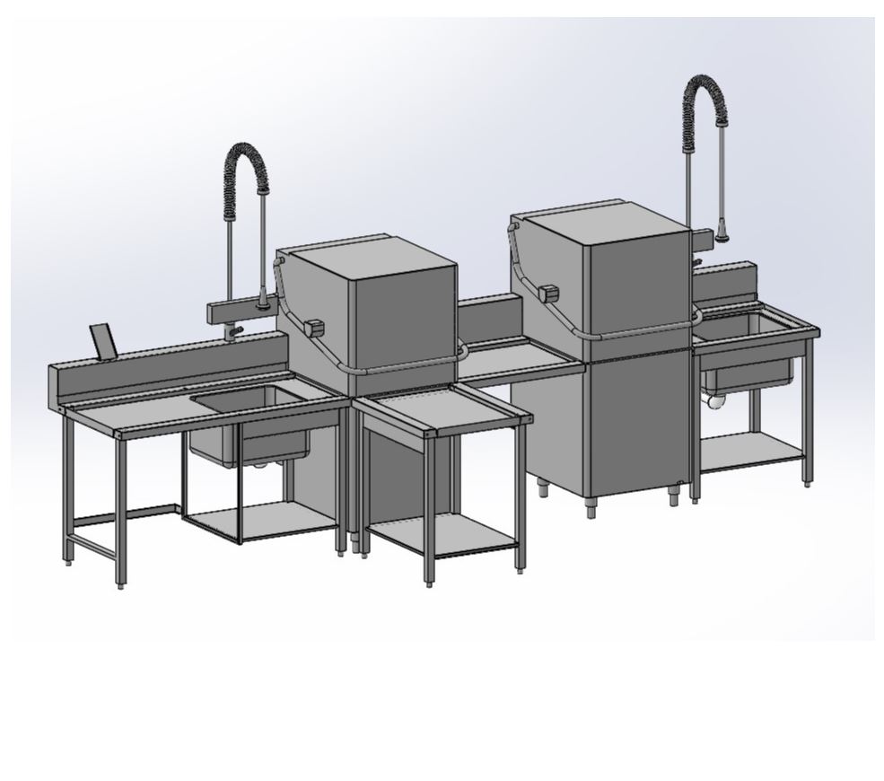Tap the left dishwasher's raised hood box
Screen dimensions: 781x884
pyautogui.click(x=377, y=305)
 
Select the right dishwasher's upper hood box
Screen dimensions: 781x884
pyautogui.click(x=619, y=269)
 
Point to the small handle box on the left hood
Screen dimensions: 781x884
pyautogui.click(x=313, y=329)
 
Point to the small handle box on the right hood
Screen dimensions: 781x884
pyautogui.click(x=547, y=293)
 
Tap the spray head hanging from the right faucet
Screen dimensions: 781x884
pyautogui.click(x=722, y=235)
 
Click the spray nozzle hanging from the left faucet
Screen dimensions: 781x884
pyautogui.click(x=262, y=303)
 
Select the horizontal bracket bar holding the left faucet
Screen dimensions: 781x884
pyautogui.click(x=241, y=312)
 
